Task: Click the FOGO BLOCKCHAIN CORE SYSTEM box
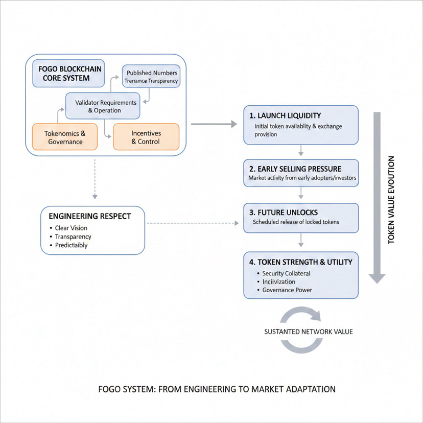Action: [x=68, y=74]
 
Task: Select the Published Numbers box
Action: [x=151, y=76]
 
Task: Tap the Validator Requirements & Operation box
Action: [x=103, y=106]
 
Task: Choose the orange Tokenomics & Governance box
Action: [x=65, y=137]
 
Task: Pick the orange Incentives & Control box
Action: [x=146, y=137]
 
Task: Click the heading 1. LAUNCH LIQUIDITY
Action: [x=285, y=116]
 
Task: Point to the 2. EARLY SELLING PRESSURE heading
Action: [x=295, y=169]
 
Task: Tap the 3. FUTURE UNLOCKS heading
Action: [x=284, y=213]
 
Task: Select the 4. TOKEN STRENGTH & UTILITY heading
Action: [x=301, y=262]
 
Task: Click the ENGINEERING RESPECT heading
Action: [x=90, y=217]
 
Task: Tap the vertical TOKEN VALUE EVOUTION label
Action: [x=391, y=200]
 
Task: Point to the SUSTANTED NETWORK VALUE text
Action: [x=309, y=332]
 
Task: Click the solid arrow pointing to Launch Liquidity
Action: [x=214, y=124]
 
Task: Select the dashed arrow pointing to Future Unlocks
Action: [x=193, y=223]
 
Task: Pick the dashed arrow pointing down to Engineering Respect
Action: [x=95, y=179]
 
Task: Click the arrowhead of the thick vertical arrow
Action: [x=377, y=278]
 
